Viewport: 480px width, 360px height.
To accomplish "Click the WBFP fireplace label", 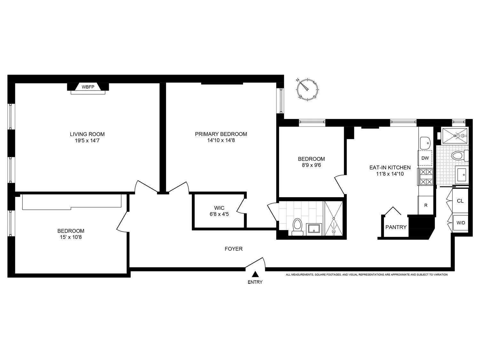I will coord(88,87).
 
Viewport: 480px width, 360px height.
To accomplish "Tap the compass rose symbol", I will coord(307,90).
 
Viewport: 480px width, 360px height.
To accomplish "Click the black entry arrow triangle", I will coord(255,274).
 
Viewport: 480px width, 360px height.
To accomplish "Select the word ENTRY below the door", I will coord(255,282).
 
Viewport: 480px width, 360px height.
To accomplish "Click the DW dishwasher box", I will coord(425,158).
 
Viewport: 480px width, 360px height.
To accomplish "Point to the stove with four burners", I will coord(426,177).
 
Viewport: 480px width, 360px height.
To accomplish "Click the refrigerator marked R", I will coord(426,205).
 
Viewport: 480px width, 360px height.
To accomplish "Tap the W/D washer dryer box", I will coord(460,223).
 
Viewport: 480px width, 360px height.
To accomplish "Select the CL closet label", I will coord(460,201).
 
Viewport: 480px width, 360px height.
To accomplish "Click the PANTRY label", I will coord(396,227).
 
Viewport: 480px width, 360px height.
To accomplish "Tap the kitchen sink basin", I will coord(425,142).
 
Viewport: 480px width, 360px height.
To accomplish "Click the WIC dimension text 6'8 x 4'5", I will coord(219,214).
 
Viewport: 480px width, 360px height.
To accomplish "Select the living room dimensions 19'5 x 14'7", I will coord(87,140).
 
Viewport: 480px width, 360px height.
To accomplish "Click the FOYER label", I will coord(234,249).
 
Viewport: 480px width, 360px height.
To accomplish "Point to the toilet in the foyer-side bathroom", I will coord(298,226).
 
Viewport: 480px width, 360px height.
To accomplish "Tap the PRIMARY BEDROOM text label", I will coord(221,134).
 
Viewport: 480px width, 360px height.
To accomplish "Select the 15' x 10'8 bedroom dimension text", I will coord(71,237).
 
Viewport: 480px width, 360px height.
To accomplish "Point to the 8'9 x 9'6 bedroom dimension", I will coord(311,165).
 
